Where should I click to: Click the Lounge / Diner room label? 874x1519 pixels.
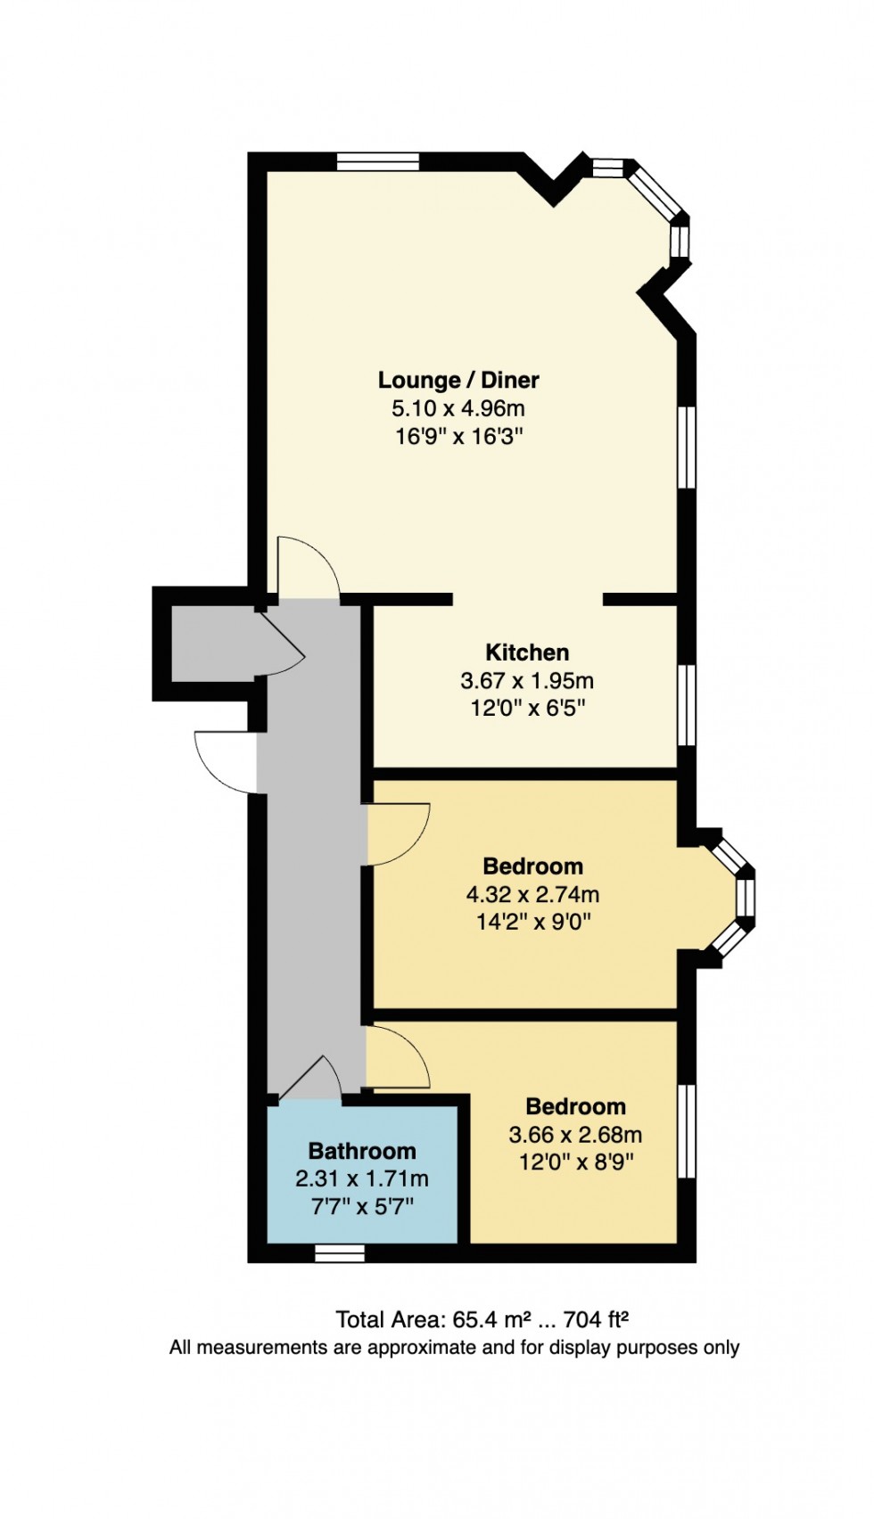pyautogui.click(x=458, y=380)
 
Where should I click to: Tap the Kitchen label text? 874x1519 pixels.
pyautogui.click(x=527, y=652)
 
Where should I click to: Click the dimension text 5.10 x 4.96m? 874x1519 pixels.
pyautogui.click(x=458, y=408)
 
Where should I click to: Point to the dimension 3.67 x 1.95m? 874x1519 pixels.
pyautogui.click(x=527, y=681)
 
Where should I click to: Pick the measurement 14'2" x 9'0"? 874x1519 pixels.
pyautogui.click(x=532, y=922)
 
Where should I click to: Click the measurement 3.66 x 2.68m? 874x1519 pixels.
pyautogui.click(x=575, y=1135)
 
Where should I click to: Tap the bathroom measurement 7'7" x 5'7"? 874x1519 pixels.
pyautogui.click(x=362, y=1207)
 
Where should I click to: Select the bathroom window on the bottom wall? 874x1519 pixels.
pyautogui.click(x=340, y=1253)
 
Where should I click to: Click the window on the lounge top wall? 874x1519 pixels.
pyautogui.click(x=377, y=161)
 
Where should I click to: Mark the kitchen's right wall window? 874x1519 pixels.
pyautogui.click(x=686, y=704)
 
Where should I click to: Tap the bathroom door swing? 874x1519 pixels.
pyautogui.click(x=312, y=1077)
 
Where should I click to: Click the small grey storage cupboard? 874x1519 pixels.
pyautogui.click(x=212, y=643)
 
